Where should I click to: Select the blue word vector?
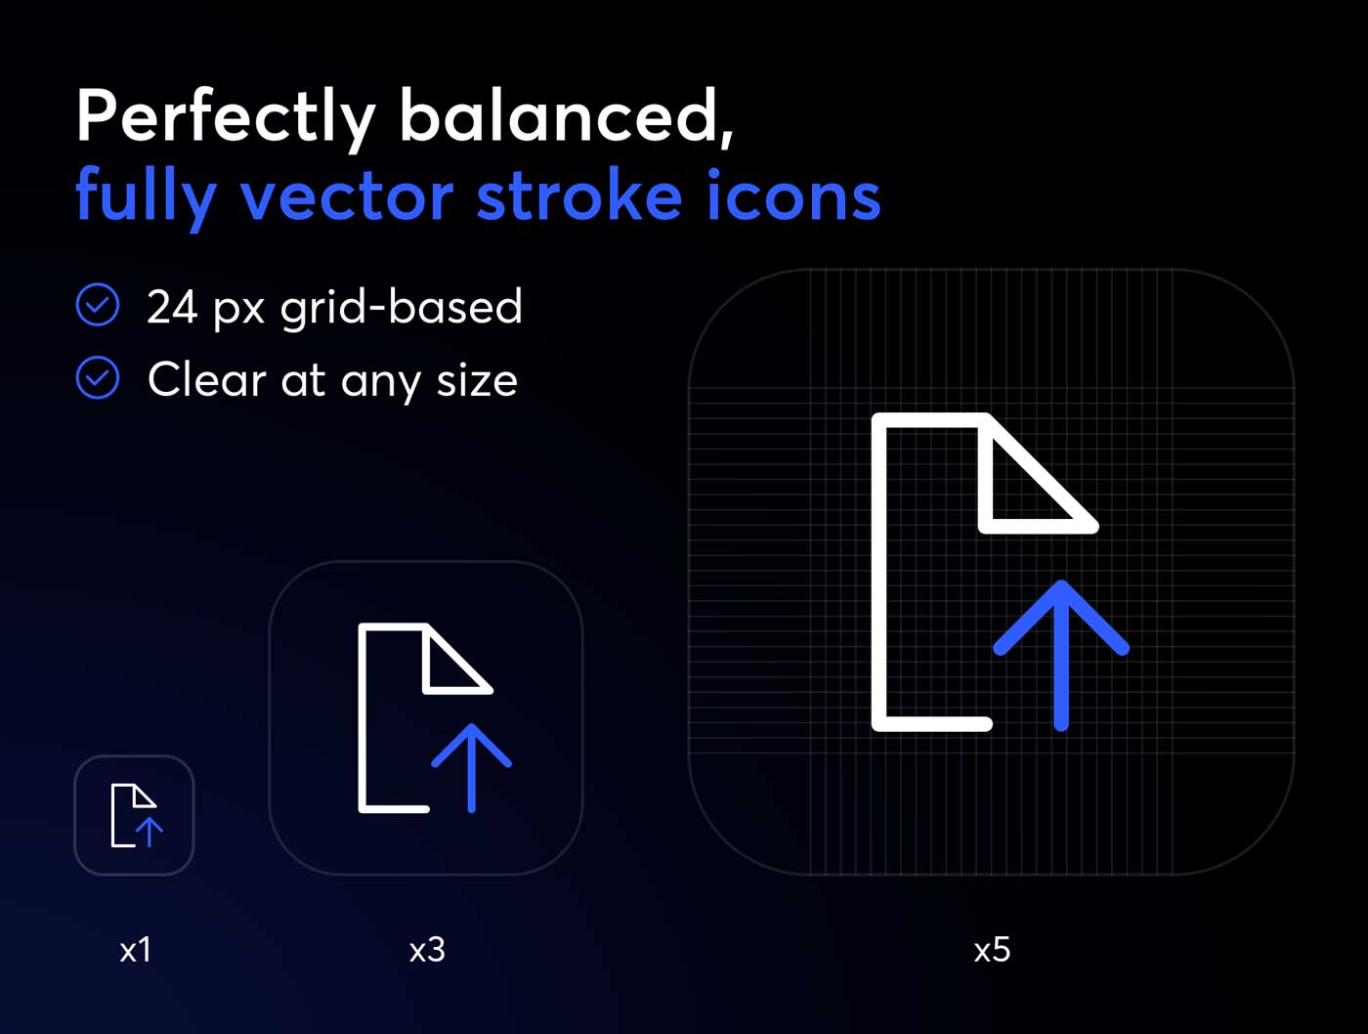pyautogui.click(x=347, y=195)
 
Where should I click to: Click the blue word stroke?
pyautogui.click(x=579, y=194)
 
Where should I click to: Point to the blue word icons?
pyautogui.click(x=793, y=194)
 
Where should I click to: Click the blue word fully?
pyautogui.click(x=147, y=198)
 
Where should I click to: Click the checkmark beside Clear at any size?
pyautogui.click(x=98, y=377)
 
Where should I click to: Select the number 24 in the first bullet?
pyautogui.click(x=173, y=307)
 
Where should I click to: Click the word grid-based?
pyautogui.click(x=401, y=307)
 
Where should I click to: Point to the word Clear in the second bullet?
pyautogui.click(x=207, y=379)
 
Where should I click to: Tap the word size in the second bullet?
pyautogui.click(x=477, y=380)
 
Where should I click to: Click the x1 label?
pyautogui.click(x=135, y=951)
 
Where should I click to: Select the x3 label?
pyautogui.click(x=427, y=951)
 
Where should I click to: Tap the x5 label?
pyautogui.click(x=992, y=951)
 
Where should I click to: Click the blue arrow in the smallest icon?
pyautogui.click(x=149, y=833)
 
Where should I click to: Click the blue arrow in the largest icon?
pyautogui.click(x=1061, y=655)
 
